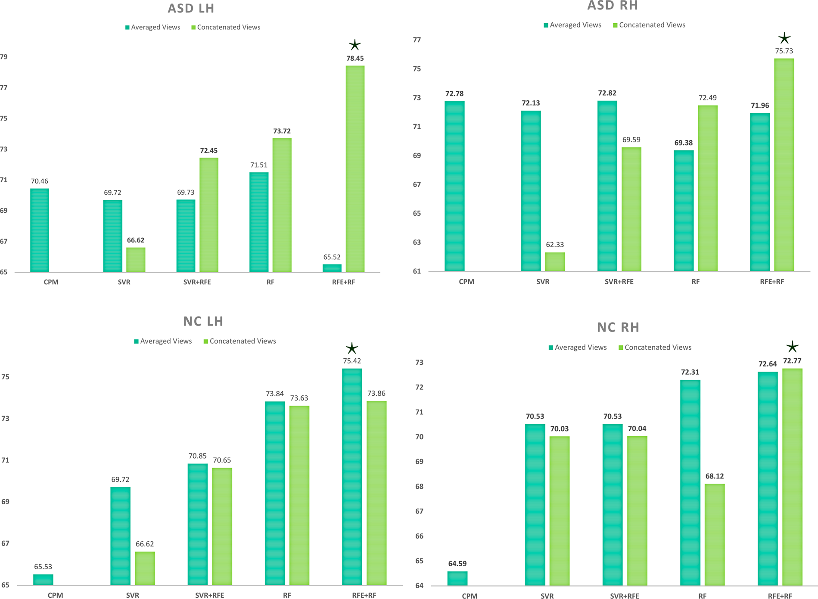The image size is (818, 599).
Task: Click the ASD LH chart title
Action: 191,9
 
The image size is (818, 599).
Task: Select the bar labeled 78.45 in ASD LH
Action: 355,169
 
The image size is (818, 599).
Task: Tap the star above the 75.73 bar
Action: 784,38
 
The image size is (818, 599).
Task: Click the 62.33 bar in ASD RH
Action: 555,262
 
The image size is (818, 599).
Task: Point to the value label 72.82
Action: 607,93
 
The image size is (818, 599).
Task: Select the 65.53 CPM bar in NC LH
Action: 43,579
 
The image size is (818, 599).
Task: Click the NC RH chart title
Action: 618,327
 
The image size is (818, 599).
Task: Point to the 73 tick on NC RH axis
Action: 419,363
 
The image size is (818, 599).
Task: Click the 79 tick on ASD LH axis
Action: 4,57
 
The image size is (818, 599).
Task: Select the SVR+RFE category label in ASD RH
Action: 619,282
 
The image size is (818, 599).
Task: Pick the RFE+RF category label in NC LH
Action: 364,595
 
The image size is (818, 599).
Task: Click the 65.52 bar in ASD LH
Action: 332,268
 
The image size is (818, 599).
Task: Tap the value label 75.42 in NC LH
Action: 352,361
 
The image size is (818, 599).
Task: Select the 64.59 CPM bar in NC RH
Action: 457,578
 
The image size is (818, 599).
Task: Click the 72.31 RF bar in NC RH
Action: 690,482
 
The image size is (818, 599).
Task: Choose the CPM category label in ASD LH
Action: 51,282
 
